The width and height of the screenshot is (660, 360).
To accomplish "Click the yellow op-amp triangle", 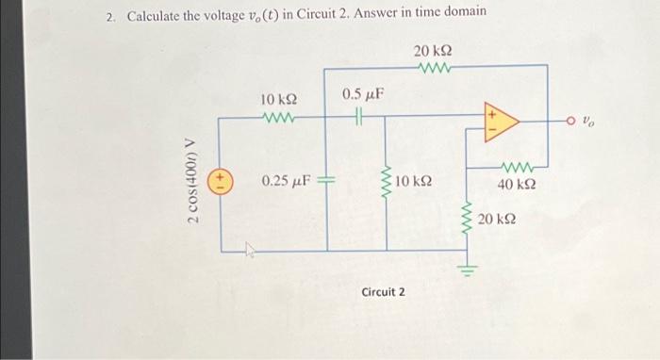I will [499, 122].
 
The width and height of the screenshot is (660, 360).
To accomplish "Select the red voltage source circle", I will [221, 178].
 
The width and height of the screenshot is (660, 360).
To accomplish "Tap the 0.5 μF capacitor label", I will [363, 94].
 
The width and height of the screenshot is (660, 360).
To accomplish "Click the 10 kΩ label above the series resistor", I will [278, 99].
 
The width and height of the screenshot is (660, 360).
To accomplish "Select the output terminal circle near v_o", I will [569, 120].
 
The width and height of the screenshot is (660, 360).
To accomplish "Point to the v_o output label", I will [589, 121].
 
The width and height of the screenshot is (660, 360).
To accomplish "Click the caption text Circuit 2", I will [383, 292].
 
